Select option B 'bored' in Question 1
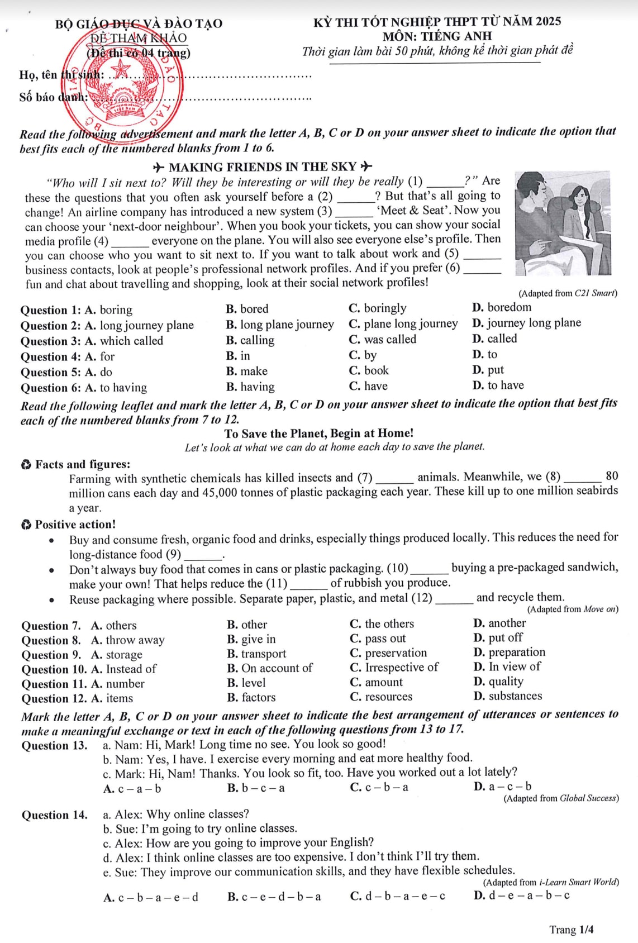tap(247, 309)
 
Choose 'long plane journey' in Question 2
tap(280, 325)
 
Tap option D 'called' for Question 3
tap(495, 339)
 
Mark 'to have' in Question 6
tap(498, 385)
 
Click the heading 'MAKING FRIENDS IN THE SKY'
tap(263, 167)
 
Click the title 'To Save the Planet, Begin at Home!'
tap(319, 434)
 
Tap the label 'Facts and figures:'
tap(82, 464)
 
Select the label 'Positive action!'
tap(75, 525)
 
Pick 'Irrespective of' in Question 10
tap(394, 668)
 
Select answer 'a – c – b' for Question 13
tap(503, 787)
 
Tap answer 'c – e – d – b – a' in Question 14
tap(274, 897)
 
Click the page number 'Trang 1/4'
tap(571, 930)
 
